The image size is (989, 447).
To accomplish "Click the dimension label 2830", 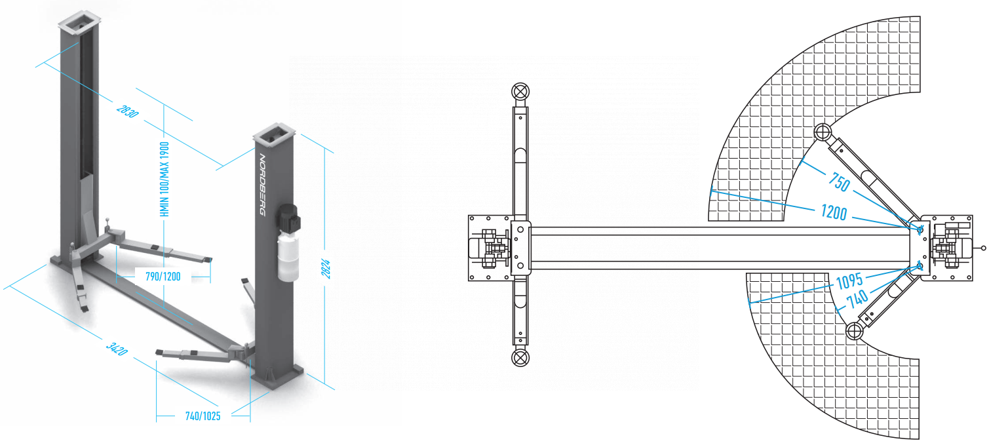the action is pos(127,111).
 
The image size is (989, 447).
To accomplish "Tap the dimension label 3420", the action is pos(117,349).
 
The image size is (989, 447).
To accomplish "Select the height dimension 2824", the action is pos(325,269).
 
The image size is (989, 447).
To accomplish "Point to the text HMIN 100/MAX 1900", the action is pos(165,179).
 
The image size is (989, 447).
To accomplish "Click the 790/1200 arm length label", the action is pos(163,277).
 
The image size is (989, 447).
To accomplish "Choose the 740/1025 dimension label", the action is pos(203,416).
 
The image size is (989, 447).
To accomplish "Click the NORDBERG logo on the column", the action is pos(262,185).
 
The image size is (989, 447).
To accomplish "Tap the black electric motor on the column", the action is pos(288,218).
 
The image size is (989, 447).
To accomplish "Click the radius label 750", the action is pos(839,182).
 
